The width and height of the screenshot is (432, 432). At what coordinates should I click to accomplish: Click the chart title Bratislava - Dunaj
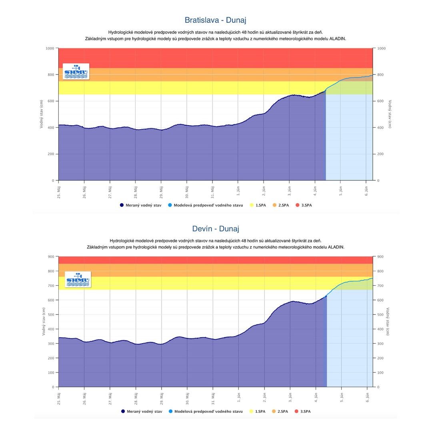point(215,20)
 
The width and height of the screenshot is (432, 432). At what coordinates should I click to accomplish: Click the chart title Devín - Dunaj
point(215,229)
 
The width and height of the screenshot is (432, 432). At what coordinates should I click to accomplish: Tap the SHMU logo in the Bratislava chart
point(76,72)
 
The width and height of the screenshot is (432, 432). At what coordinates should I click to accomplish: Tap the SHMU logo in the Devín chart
point(78,280)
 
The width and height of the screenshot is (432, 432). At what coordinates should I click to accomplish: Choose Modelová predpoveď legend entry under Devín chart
point(206,411)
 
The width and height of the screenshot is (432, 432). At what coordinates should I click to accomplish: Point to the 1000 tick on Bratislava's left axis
point(50,48)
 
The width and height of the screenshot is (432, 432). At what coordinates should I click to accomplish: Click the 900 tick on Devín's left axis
point(51,257)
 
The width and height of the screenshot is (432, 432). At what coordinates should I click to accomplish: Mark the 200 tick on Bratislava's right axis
point(381,154)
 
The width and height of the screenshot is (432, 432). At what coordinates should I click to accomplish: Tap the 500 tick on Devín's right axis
point(380,315)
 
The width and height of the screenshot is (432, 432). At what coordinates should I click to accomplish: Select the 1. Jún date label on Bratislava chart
point(238,190)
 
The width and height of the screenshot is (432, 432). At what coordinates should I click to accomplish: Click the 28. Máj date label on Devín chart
point(136,396)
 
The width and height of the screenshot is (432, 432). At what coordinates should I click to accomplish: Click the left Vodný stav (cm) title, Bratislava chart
point(41,114)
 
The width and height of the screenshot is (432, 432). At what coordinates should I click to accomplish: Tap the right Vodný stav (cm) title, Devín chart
point(388,321)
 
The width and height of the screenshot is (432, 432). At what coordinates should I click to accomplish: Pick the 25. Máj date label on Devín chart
point(58,396)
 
